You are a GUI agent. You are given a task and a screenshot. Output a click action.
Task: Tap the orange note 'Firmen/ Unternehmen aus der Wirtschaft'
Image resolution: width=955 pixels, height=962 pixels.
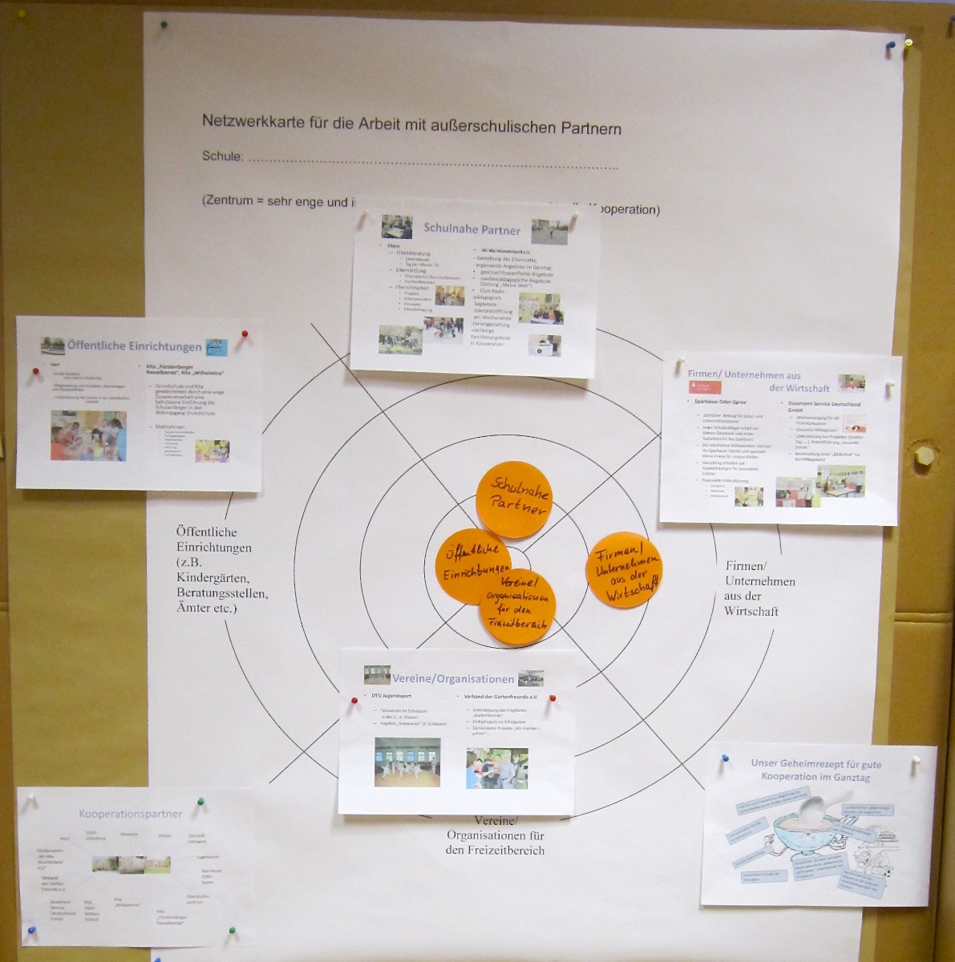click(624, 570)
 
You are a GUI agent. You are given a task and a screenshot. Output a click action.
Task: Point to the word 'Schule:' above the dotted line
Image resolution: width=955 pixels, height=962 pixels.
click(222, 156)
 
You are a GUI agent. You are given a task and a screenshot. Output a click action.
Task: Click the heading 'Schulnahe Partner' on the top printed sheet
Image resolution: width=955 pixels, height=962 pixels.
click(471, 230)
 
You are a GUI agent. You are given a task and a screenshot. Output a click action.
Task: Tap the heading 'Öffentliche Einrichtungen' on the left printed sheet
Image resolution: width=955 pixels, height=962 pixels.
click(134, 346)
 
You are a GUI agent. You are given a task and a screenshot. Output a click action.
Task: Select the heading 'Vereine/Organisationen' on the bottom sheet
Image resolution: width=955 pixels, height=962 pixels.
click(453, 679)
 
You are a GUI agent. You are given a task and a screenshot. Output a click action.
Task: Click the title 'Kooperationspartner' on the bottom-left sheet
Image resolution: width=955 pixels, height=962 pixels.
click(130, 814)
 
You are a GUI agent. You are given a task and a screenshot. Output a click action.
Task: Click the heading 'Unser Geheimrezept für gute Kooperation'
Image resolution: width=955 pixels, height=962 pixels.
click(815, 770)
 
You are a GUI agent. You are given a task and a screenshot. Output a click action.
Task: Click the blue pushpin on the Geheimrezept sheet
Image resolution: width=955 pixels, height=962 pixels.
click(725, 758)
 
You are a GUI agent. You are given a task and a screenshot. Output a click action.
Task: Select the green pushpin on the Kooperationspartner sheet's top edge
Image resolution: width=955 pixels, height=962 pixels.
click(201, 800)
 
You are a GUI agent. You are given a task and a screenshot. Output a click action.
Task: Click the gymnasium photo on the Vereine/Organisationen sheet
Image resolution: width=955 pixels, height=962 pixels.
click(407, 761)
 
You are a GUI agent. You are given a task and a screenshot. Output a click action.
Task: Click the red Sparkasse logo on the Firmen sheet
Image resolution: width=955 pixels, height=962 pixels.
click(706, 388)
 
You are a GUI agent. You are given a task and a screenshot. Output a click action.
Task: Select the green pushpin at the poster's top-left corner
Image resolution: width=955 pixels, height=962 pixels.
click(164, 24)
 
